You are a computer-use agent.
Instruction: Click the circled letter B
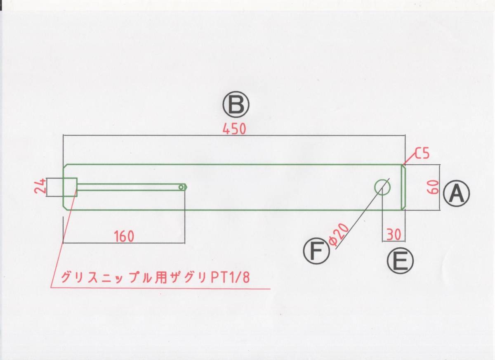coord(236,105)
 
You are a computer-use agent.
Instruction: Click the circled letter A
coord(456,194)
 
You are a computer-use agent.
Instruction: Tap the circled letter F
coord(316,251)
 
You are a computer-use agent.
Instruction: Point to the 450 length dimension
coord(234,129)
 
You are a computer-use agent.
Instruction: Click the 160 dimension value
coord(124,237)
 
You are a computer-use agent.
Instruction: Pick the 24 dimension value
coord(40,187)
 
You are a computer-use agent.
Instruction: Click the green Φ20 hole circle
coord(382,187)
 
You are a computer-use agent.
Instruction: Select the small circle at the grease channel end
coord(181,187)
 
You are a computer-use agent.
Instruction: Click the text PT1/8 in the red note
coord(231,277)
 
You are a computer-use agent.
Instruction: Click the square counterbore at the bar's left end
coord(70,187)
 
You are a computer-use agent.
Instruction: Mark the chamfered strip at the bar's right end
coord(404,187)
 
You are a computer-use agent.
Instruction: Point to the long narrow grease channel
coord(128,187)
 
